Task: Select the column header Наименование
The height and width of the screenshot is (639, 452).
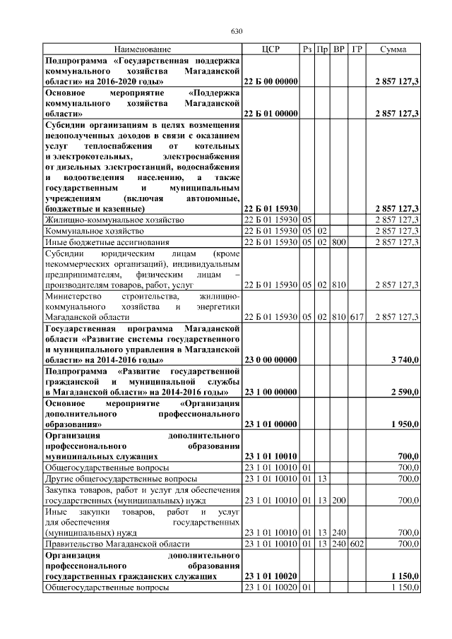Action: (x=142, y=49)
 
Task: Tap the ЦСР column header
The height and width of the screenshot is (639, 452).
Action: (x=270, y=49)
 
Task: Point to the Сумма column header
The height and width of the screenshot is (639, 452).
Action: (x=393, y=49)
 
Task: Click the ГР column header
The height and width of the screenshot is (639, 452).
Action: (x=357, y=49)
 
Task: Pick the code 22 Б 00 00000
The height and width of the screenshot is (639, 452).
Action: (x=270, y=83)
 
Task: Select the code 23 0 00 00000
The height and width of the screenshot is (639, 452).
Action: (x=270, y=360)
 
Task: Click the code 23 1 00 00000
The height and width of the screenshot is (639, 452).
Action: (x=270, y=391)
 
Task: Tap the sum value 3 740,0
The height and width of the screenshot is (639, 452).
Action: (x=405, y=360)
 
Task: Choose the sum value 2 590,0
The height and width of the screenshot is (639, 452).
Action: (x=405, y=391)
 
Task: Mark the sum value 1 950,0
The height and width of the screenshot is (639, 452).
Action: (x=405, y=424)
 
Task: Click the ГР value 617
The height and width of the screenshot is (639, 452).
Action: (x=357, y=318)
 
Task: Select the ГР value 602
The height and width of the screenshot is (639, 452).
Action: (x=357, y=544)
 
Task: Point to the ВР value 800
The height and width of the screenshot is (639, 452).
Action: (x=339, y=243)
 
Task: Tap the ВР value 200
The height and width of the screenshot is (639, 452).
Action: (x=339, y=501)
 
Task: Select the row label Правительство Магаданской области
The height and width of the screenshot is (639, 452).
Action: (x=117, y=544)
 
